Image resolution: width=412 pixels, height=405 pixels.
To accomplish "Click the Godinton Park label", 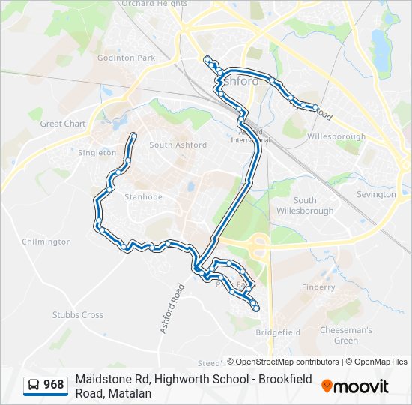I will [x=125, y=58].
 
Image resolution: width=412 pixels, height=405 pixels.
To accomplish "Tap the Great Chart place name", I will [x=63, y=124].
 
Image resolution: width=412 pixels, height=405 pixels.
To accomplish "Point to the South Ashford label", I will [x=178, y=145].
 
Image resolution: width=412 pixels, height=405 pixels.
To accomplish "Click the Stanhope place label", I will [x=142, y=197].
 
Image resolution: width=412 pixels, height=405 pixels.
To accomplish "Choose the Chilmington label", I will [x=46, y=241].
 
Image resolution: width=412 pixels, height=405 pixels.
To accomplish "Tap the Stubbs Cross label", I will [x=78, y=315].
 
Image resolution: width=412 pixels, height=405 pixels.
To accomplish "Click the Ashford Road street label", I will [x=171, y=307].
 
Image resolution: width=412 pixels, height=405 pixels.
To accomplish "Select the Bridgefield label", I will [x=278, y=331].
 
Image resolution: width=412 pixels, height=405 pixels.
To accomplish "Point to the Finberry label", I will [x=318, y=286].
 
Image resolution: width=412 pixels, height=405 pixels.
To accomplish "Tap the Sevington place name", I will [x=376, y=194].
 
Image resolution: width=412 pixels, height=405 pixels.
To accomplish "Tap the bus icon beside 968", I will [x=34, y=385].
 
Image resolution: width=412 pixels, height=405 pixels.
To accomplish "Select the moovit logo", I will [x=356, y=386].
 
